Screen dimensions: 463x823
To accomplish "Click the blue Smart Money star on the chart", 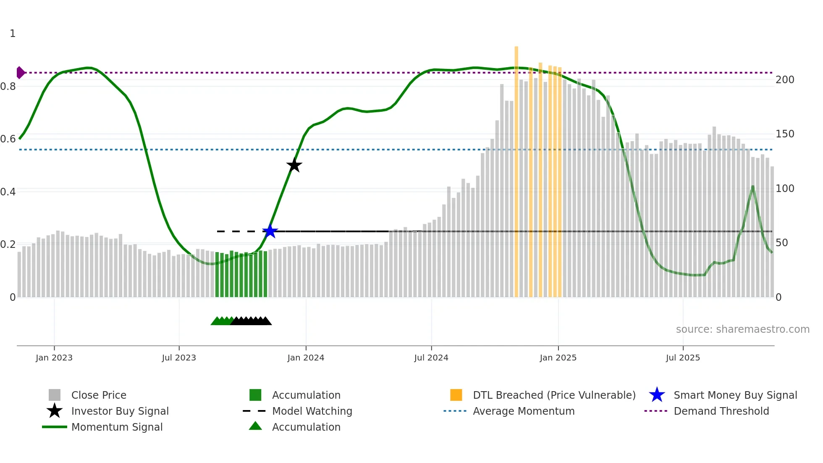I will click(270, 231).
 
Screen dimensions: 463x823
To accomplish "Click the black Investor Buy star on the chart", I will click(294, 165).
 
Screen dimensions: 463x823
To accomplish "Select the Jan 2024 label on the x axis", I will click(306, 358).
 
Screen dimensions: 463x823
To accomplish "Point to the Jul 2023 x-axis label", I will click(179, 358).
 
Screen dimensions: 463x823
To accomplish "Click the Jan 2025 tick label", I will click(558, 358).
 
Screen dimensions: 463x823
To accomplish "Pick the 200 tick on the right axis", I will click(785, 80).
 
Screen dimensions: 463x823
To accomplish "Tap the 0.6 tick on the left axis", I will click(8, 139).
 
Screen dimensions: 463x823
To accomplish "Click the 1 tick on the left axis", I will click(13, 34).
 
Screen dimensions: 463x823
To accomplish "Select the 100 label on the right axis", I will click(785, 189).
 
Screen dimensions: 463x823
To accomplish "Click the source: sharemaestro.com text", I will click(742, 329).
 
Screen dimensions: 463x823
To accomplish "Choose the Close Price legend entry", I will click(99, 395).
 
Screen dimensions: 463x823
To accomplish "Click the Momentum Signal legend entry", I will click(117, 427).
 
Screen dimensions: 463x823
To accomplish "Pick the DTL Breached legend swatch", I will click(456, 395).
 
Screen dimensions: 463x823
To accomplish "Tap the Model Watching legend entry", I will click(312, 411).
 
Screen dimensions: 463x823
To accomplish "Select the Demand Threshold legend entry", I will click(721, 411).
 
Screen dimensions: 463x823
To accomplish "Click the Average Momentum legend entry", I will click(524, 411).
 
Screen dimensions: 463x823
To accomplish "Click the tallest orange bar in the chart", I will click(516, 168).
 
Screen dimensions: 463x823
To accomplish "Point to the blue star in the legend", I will click(657, 395).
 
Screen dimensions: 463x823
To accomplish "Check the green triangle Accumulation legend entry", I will click(306, 427).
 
